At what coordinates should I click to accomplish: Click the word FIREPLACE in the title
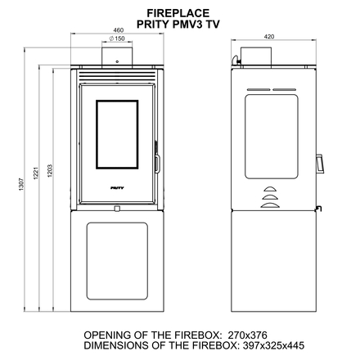pos(178,13)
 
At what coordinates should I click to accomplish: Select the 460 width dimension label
pos(118,30)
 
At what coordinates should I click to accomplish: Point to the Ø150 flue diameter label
pos(117,38)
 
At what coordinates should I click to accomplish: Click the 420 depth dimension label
pos(269,37)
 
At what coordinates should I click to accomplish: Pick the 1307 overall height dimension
pos(21,184)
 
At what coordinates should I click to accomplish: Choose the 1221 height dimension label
pos(36,173)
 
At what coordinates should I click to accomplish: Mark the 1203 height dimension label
pos(50,171)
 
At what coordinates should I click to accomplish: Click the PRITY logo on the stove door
pos(117,188)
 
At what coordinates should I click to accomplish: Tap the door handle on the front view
pos(157,164)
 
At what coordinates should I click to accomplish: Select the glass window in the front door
pos(117,134)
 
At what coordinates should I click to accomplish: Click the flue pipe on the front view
pos(117,56)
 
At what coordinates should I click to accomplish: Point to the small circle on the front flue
pos(117,62)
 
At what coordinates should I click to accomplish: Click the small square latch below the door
pos(117,209)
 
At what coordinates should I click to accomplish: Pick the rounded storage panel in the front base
pos(117,261)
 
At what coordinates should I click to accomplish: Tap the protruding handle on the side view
pos(320,164)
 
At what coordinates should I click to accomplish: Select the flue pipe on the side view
pos(256,56)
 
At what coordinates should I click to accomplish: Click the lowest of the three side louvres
pos(270,205)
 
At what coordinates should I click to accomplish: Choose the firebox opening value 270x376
pos(247,335)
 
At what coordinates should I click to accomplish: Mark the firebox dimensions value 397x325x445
pos(273,345)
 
